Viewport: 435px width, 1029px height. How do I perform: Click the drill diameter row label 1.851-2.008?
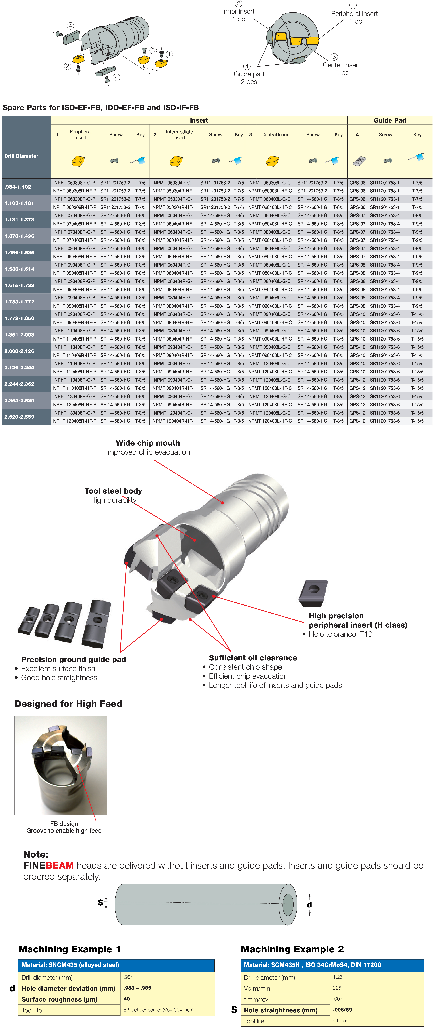(x=19, y=335)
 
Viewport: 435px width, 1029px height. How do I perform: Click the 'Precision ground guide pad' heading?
(x=74, y=659)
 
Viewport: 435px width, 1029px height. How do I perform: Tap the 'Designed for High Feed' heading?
(x=68, y=704)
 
